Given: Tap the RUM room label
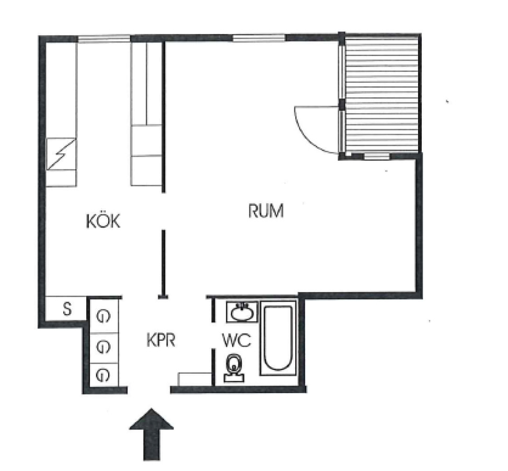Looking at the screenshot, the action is point(266,210).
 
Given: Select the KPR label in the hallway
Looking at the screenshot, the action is point(161,341).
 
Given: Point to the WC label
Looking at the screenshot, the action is point(237,340).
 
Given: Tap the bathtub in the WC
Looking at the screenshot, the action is point(278,339).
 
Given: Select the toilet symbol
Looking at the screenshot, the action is point(234,368).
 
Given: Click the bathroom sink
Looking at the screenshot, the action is point(243,312).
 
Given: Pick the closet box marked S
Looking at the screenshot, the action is point(66,308).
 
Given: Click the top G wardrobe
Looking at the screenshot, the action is point(103,316).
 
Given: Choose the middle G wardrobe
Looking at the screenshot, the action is point(103,347).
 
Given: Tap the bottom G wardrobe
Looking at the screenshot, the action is point(103,375).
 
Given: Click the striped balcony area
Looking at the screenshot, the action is point(382,94).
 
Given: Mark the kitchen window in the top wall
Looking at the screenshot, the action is point(104,39).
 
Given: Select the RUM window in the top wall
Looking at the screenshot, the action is point(259,38).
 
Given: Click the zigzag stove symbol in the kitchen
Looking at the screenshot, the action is point(61,154).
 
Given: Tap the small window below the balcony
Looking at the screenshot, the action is point(376,156).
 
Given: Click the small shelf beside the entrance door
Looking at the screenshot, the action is point(195,379).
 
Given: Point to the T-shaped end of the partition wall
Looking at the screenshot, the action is point(163,297).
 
